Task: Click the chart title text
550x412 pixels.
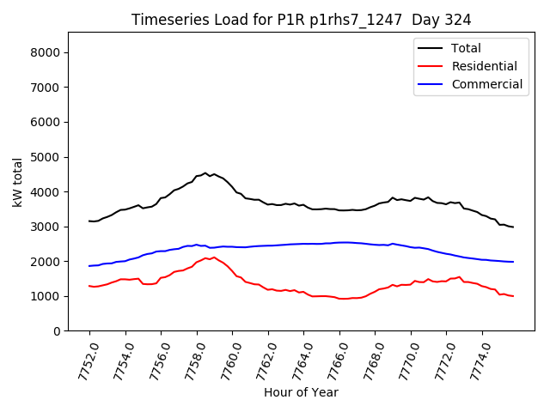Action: click(x=301, y=19)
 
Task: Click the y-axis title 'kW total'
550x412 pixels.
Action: click(x=17, y=182)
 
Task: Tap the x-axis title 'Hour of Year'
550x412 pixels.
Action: click(x=301, y=392)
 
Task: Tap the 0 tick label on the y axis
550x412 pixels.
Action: click(x=58, y=331)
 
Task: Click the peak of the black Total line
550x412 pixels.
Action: click(x=205, y=173)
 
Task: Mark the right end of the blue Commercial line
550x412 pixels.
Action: click(x=513, y=262)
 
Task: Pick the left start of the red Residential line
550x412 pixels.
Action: click(x=89, y=286)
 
